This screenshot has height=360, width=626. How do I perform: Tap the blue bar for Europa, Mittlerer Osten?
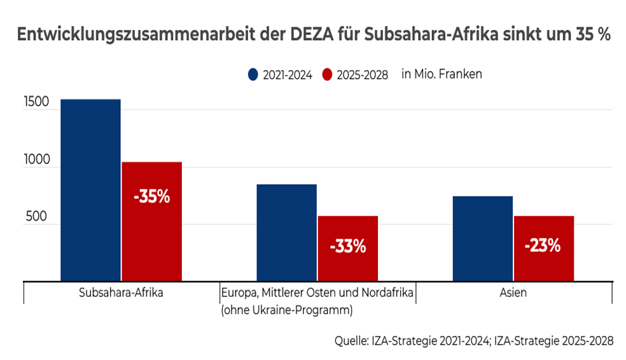(x=286, y=232)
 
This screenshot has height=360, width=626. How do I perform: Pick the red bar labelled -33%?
(x=347, y=248)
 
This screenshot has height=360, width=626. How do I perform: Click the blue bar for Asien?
(x=482, y=238)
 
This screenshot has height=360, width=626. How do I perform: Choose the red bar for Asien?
(x=543, y=248)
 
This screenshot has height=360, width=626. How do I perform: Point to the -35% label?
(x=151, y=197)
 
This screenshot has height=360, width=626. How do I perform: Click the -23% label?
(x=543, y=245)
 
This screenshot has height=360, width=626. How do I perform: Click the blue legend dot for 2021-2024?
(x=253, y=75)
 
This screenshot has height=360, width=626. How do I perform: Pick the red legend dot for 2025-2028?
(x=329, y=75)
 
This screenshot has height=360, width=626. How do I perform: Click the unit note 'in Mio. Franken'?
(x=442, y=74)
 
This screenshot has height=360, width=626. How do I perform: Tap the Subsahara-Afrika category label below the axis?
(x=121, y=293)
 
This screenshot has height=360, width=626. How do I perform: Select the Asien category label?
(x=513, y=293)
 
